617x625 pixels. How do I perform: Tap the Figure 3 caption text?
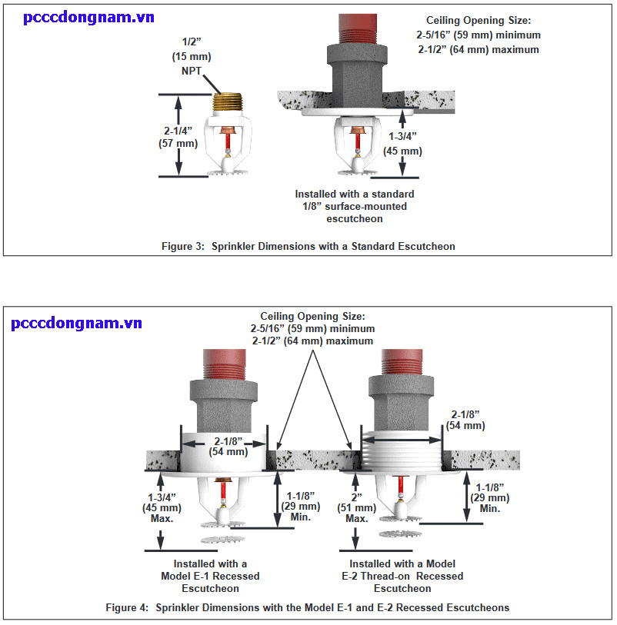(308, 247)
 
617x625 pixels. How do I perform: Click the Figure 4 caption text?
(308, 607)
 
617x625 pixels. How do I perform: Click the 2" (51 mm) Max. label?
(355, 507)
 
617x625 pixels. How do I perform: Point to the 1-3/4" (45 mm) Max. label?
(161, 507)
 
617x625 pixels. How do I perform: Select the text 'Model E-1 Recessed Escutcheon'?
(210, 576)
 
